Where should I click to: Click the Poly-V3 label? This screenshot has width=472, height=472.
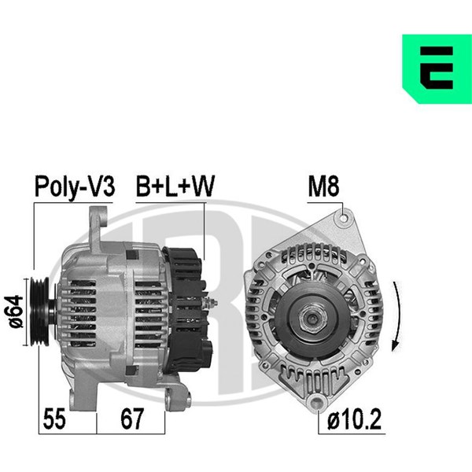tap(75, 186)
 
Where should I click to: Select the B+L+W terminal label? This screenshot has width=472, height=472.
tap(175, 186)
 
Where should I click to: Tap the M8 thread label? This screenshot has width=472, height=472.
tap(323, 186)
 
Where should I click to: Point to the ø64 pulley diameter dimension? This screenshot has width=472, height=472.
tap(14, 312)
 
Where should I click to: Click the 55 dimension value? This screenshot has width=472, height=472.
tap(54, 419)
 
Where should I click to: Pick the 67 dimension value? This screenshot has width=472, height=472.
tap(132, 419)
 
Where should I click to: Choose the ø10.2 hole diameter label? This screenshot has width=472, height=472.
tap(354, 419)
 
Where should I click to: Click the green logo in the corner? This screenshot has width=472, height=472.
tap(437, 69)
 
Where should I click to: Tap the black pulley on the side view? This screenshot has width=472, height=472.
tap(40, 312)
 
